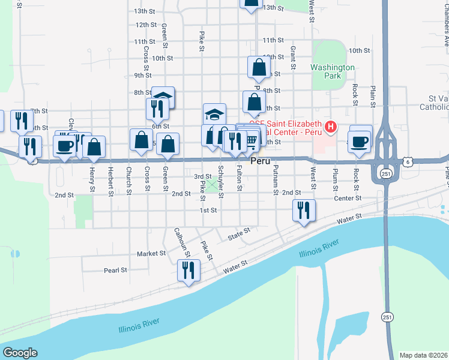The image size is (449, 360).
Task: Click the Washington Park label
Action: click(x=333, y=72)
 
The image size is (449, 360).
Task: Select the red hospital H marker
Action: click(x=330, y=127)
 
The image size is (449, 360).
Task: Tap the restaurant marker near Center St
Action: click(x=303, y=210)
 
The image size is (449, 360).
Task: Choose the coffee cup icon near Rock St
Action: click(x=360, y=142)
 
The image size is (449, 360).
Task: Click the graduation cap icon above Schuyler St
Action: click(x=214, y=113)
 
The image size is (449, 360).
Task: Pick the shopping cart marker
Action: click(x=250, y=140)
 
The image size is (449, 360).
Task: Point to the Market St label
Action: click(x=151, y=254)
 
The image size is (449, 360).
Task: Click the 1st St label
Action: click(x=208, y=211)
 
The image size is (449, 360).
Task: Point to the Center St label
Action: click(x=348, y=198)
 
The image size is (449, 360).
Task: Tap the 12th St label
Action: click(x=146, y=25)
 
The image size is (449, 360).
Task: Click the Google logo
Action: click(x=20, y=353)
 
